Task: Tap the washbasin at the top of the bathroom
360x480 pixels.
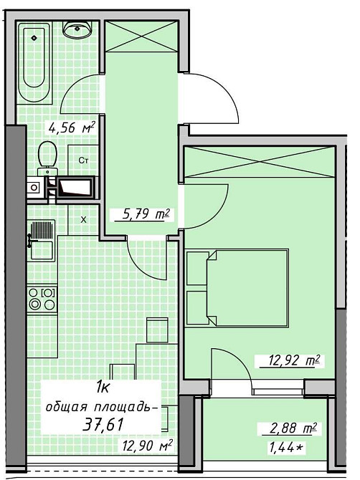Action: pyautogui.click(x=77, y=29)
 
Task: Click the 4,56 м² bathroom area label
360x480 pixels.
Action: pyautogui.click(x=70, y=128)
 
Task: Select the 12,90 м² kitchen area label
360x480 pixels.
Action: pyautogui.click(x=146, y=445)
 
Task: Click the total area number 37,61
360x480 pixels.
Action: pyautogui.click(x=103, y=424)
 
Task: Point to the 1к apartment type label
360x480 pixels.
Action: pyautogui.click(x=102, y=389)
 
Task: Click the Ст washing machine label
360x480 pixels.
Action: pyautogui.click(x=83, y=160)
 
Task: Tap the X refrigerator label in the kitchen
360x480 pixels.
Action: pyautogui.click(x=83, y=220)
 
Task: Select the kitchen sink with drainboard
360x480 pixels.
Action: pyautogui.click(x=42, y=240)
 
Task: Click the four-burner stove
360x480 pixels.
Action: pyautogui.click(x=42, y=299)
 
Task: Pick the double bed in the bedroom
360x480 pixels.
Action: pyautogui.click(x=237, y=289)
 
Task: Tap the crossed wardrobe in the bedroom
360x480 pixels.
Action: pyautogui.click(x=259, y=161)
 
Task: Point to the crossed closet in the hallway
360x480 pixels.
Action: pyautogui.click(x=141, y=36)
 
